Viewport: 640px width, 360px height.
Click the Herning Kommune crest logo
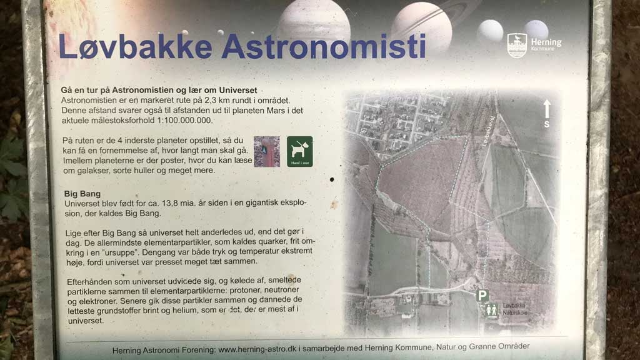(517, 45)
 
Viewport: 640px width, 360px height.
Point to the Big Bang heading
(82, 194)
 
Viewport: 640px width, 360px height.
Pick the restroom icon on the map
(492, 309)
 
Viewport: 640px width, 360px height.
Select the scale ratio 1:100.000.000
(178, 121)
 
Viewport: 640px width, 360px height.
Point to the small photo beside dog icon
(267, 152)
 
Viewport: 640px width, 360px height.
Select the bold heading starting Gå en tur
(159, 91)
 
